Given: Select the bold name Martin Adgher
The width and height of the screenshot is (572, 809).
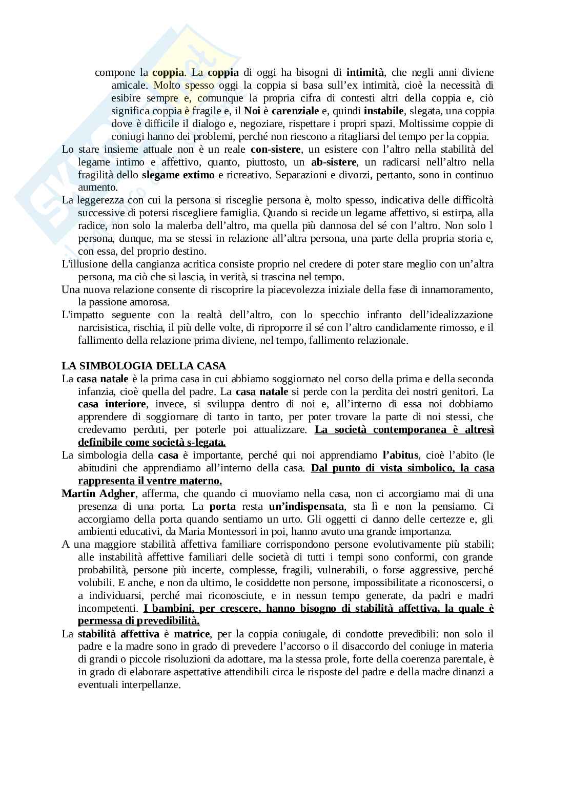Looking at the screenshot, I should [98, 493].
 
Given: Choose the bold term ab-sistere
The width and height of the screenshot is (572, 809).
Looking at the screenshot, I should [333, 162].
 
